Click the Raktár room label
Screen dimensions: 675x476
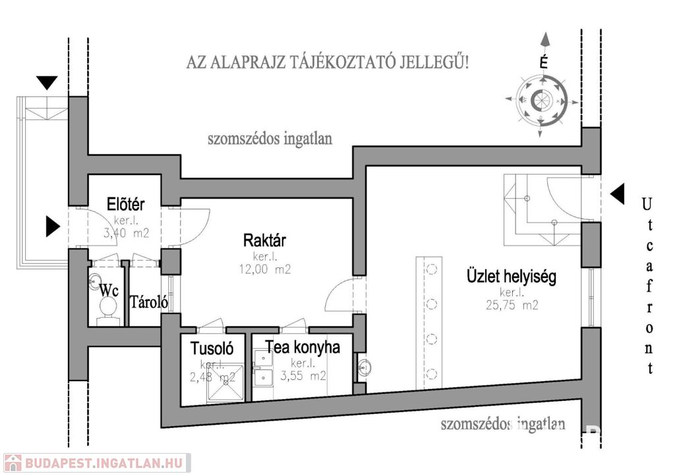pyautogui.click(x=264, y=240)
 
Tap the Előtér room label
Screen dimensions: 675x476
pyautogui.click(x=126, y=204)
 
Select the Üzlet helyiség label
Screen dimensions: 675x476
pyautogui.click(x=512, y=277)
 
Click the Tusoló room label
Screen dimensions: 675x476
pyautogui.click(x=212, y=348)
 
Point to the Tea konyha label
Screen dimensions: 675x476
pyautogui.click(x=303, y=347)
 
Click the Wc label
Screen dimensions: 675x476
pyautogui.click(x=109, y=290)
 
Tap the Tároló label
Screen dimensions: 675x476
pyautogui.click(x=149, y=302)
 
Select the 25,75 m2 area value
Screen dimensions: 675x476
pyautogui.click(x=512, y=305)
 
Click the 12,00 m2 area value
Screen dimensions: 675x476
pyautogui.click(x=265, y=270)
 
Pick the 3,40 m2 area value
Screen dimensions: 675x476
pyautogui.click(x=126, y=234)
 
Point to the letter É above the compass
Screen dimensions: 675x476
pyautogui.click(x=544, y=62)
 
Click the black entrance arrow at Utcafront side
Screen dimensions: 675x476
pyautogui.click(x=618, y=194)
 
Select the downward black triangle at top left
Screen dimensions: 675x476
pyautogui.click(x=47, y=82)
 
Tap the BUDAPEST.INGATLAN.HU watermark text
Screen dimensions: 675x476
pyautogui.click(x=103, y=463)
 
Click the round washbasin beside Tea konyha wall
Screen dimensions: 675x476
pyautogui.click(x=365, y=368)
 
